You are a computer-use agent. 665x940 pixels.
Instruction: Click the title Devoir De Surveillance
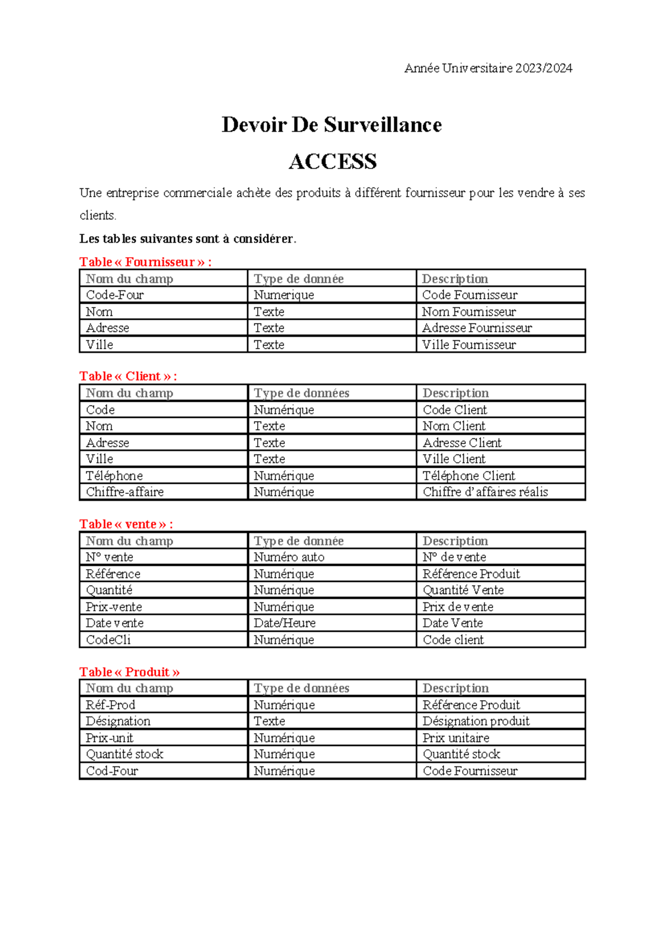331,125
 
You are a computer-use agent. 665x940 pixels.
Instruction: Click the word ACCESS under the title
332,162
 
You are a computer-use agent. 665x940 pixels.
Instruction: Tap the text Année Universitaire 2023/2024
488,68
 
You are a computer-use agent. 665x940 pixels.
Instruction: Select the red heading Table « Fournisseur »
145,262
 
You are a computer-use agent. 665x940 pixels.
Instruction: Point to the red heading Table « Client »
127,376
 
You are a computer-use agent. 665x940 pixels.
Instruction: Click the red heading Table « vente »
126,524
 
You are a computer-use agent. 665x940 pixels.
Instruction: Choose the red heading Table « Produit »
129,672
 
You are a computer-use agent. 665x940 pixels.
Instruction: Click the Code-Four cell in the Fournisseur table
115,295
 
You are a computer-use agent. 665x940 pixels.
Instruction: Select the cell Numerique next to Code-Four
284,295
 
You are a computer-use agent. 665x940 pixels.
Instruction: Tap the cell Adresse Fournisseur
477,328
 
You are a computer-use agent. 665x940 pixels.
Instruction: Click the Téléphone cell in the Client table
114,476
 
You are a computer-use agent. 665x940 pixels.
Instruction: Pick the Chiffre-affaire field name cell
125,492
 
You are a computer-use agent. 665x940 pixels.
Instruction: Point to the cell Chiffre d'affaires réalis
485,492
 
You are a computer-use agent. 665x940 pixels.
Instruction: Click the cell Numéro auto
289,557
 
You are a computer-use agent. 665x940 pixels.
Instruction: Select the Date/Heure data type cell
284,623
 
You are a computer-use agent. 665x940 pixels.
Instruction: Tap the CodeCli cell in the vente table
108,640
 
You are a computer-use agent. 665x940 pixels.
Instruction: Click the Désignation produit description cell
475,721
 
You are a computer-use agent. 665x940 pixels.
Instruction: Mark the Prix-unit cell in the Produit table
109,738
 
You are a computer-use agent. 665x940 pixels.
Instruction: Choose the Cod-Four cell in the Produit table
111,771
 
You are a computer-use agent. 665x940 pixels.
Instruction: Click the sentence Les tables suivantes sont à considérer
188,239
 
